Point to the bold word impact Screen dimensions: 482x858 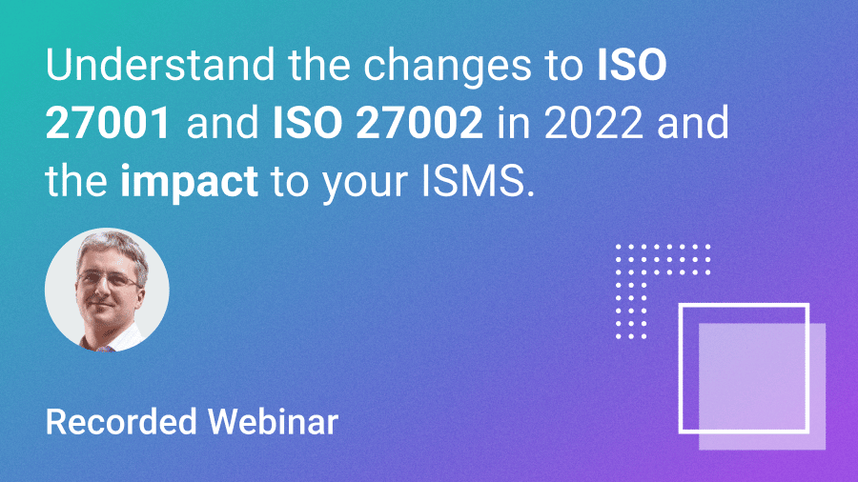point(189,181)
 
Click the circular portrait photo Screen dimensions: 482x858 point(107,290)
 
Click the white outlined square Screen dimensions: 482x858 point(743,367)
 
